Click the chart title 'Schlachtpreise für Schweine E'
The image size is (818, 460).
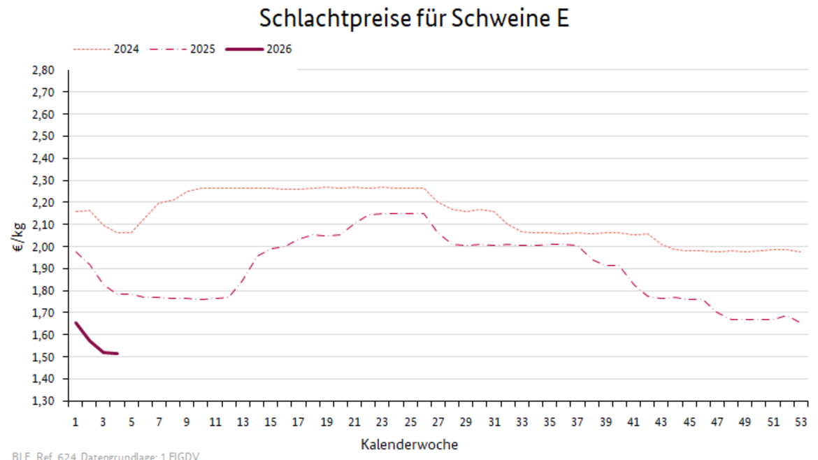tap(414, 19)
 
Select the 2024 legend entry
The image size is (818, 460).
tap(126, 49)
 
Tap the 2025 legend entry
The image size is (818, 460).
tap(203, 49)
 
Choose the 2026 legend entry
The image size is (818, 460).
tap(279, 49)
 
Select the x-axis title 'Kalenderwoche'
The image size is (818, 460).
tap(410, 444)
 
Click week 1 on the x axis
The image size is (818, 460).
tap(75, 422)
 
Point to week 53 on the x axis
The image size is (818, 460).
tap(801, 422)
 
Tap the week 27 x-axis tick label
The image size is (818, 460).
tap(438, 422)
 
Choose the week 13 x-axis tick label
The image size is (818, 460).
tap(243, 422)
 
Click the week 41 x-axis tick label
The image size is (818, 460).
tap(633, 422)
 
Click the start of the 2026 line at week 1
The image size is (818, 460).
tap(76, 323)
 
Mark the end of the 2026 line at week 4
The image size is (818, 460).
tap(117, 354)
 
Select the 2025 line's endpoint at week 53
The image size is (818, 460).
tap(801, 323)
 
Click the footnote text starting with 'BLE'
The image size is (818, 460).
tap(106, 457)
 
